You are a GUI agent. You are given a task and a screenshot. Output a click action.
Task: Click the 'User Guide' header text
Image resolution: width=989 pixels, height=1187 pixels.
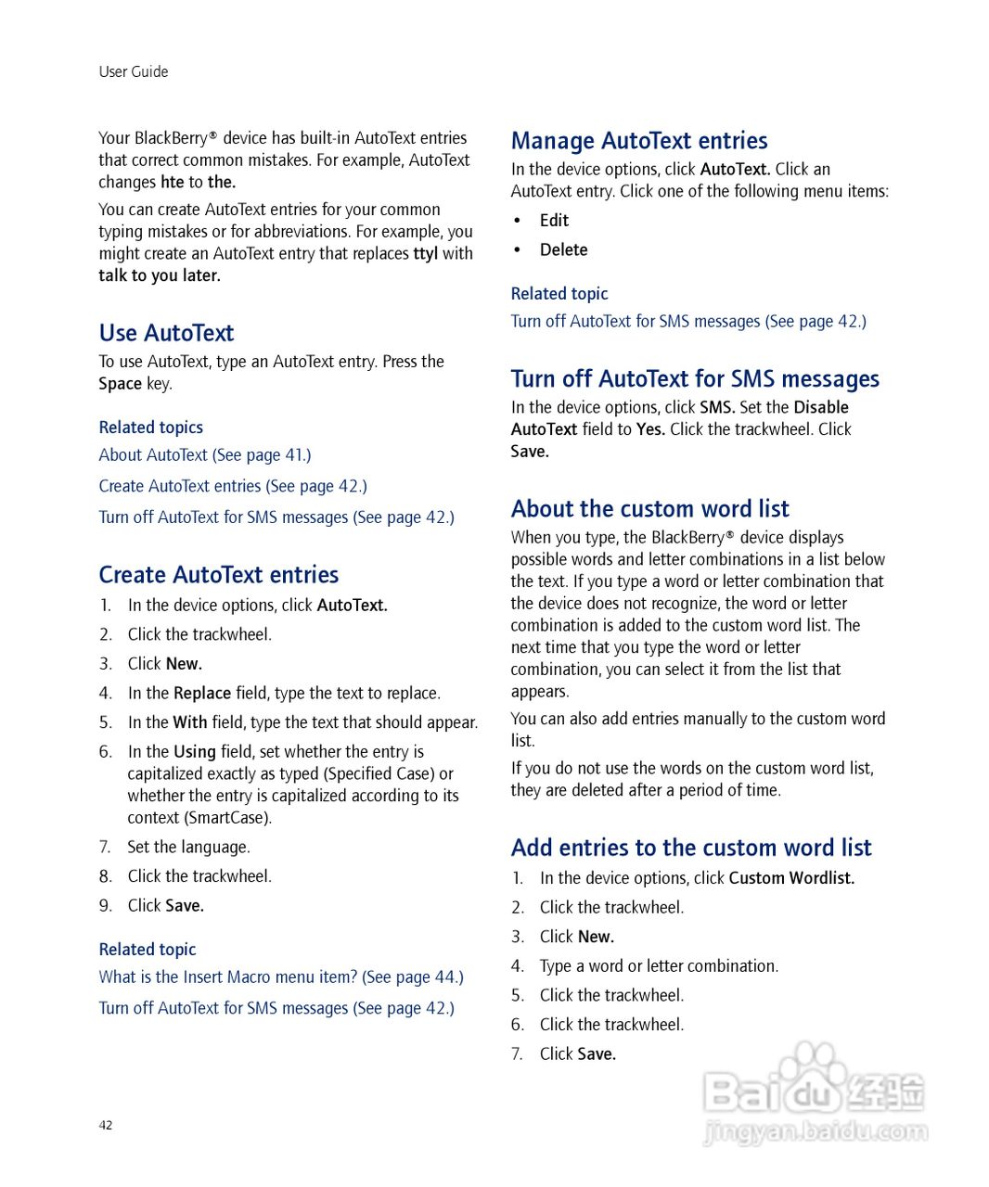coord(134,71)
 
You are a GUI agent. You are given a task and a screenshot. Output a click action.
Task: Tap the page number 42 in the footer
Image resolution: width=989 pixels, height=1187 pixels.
coord(106,1125)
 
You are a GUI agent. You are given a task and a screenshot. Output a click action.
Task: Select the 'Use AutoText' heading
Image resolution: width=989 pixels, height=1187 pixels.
coord(166,333)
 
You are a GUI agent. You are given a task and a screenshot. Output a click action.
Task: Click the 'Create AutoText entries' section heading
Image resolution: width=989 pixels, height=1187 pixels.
coord(219,575)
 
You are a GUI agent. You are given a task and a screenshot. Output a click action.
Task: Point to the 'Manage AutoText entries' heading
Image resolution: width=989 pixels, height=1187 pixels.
coord(639,141)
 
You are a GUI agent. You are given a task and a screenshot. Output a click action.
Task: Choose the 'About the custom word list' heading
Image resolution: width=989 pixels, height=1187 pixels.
coord(649,509)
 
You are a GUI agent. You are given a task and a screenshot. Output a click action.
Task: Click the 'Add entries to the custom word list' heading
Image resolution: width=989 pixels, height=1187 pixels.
coord(691,848)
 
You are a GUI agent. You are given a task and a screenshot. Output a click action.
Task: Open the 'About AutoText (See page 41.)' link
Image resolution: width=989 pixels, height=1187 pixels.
coord(205,455)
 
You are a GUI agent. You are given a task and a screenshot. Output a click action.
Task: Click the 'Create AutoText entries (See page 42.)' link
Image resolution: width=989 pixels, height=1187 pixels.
coord(233,486)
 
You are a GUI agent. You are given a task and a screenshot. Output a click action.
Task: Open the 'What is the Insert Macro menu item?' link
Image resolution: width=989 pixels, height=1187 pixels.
coord(281,977)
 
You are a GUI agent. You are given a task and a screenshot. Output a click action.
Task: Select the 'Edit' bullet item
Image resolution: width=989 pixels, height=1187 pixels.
coord(554,221)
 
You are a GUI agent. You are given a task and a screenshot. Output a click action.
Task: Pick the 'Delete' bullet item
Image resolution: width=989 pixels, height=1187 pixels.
coord(563,250)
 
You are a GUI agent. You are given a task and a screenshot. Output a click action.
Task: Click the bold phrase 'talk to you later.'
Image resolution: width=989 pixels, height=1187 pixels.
coord(160,275)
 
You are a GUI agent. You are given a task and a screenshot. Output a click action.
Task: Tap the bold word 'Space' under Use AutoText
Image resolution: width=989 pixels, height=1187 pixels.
coord(121,384)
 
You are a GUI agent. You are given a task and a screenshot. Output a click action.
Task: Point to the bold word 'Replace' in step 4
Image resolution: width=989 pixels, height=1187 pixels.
coord(202,694)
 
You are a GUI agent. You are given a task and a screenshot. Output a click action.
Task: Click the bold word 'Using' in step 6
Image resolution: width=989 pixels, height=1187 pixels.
coord(195,752)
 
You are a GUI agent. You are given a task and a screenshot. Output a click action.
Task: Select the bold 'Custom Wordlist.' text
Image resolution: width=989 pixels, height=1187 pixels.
coord(791,878)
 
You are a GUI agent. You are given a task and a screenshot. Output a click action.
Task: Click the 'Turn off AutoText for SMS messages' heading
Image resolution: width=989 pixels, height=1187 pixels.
coord(695,379)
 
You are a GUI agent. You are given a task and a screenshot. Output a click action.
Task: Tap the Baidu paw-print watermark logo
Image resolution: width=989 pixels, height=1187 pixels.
coord(814,1076)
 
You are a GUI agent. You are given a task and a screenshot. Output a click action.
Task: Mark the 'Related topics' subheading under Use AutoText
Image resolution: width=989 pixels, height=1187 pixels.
coord(151,428)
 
